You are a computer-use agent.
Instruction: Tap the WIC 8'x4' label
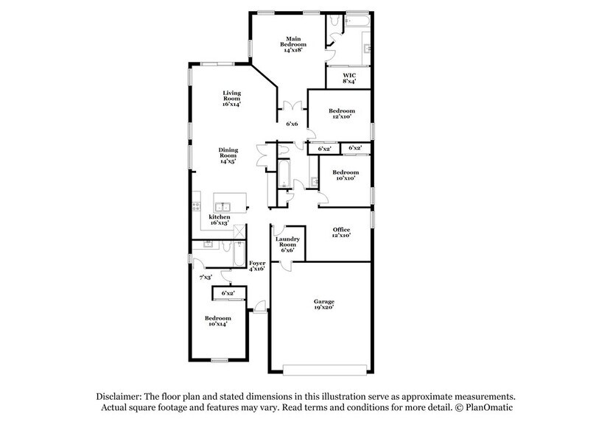[349, 78]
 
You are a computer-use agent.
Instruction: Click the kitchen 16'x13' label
[220, 220]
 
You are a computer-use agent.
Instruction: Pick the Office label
[340, 233]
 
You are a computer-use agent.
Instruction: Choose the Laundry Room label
[286, 244]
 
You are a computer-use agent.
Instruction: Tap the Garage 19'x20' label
[324, 305]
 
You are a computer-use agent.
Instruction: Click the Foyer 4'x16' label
[257, 266]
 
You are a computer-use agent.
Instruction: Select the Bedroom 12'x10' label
[341, 113]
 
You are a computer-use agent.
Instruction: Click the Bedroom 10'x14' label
[217, 321]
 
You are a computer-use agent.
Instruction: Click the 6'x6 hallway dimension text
[292, 124]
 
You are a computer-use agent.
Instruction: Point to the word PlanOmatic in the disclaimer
[488, 407]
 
